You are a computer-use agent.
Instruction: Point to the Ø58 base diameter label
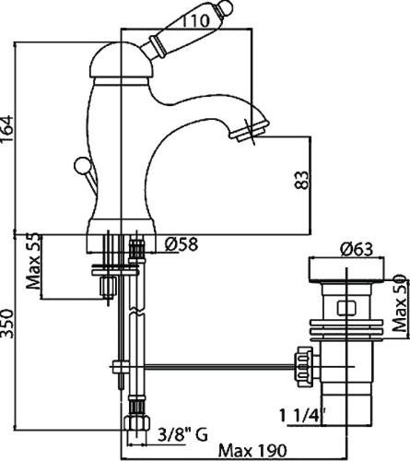[181, 244]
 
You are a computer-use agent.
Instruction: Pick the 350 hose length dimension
[9, 337]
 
